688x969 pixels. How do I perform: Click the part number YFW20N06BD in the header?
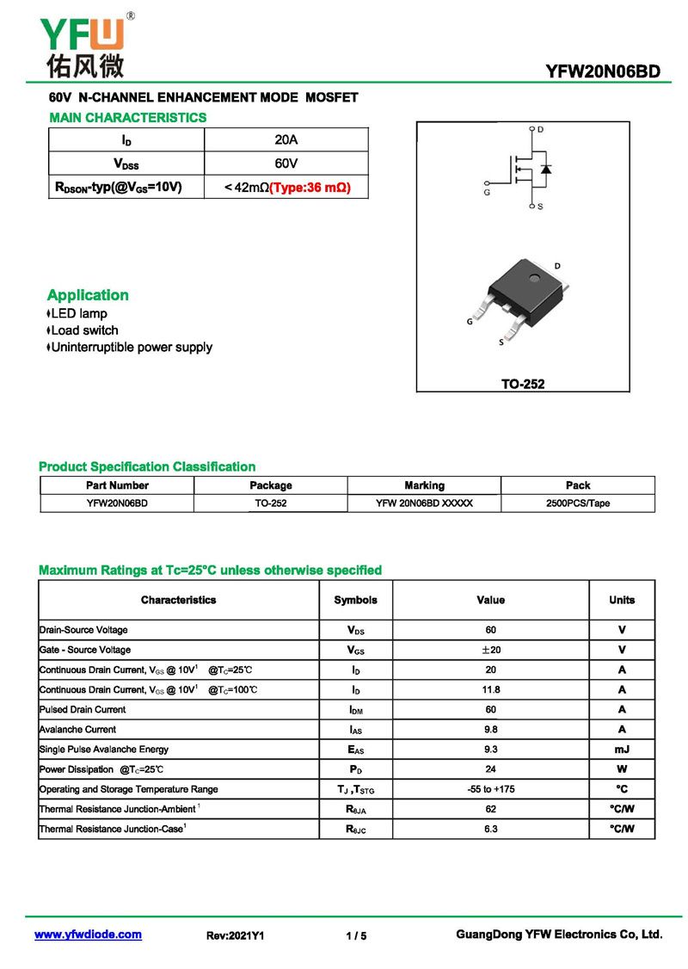coord(602,71)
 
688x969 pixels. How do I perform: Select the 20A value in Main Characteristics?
coord(286,139)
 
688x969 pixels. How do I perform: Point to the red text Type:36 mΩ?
coord(310,187)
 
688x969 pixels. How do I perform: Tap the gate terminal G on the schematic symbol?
coord(488,184)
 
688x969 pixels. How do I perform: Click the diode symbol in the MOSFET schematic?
coord(546,168)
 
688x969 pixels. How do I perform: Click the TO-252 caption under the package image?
coord(523,384)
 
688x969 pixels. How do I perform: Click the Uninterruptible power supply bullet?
coord(130,348)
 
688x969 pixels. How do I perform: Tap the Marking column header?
coord(424,485)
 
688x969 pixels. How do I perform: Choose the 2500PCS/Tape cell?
coord(577,503)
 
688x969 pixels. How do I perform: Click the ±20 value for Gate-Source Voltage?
coord(490,650)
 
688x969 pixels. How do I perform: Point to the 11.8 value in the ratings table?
coord(490,689)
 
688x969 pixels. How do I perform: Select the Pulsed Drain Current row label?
coord(83,709)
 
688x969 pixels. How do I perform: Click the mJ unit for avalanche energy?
coord(622,750)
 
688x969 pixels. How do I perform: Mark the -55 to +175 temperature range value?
coord(490,789)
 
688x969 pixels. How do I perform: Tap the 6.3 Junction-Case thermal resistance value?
coord(490,829)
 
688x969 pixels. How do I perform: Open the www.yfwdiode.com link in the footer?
coord(88,935)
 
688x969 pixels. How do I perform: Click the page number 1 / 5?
coord(356,935)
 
